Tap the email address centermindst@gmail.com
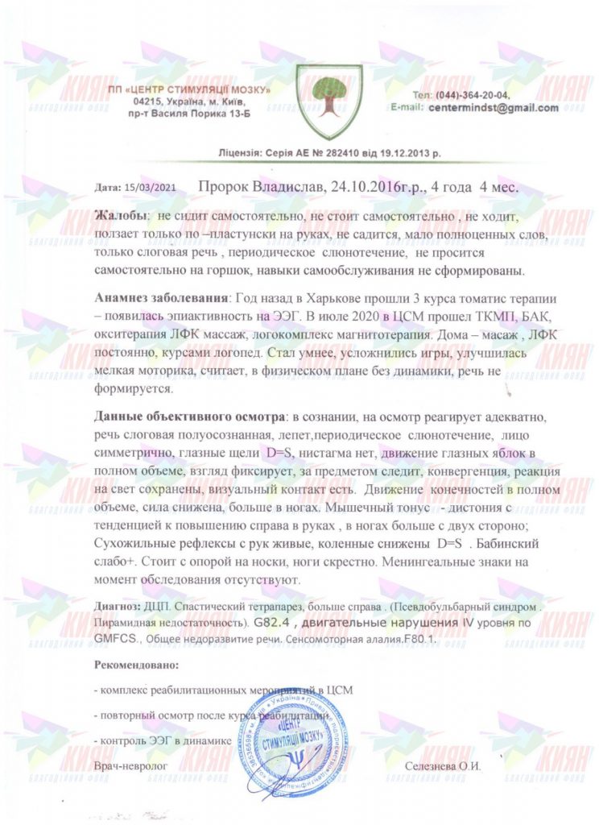click(x=494, y=107)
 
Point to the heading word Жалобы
click(x=121, y=217)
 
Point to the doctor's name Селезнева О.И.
click(x=444, y=767)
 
